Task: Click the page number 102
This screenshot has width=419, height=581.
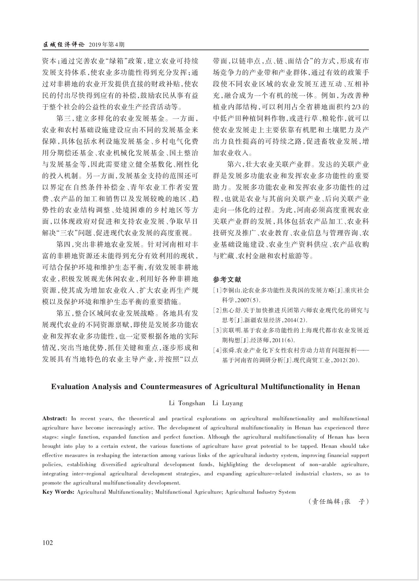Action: coord(48,543)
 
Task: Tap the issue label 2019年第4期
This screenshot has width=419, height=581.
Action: coord(107,44)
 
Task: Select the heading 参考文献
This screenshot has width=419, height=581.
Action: coord(227,280)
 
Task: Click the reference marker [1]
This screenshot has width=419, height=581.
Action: coord(217,290)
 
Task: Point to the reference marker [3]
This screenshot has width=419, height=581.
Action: coord(217,330)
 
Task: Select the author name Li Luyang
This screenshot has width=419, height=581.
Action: coord(228,403)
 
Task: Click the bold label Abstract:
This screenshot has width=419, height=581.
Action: coord(55,419)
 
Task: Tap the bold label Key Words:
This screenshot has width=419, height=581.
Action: coord(59,492)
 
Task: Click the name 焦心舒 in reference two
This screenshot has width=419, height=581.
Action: coord(231,310)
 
